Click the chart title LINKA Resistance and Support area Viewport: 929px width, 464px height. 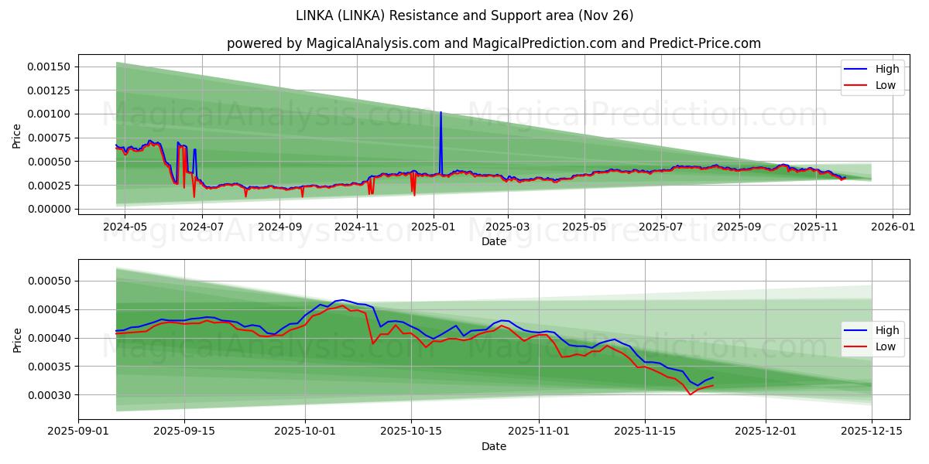coord(464,15)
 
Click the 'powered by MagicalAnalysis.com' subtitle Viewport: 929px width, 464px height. coord(493,43)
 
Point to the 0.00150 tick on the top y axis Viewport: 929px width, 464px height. coord(49,67)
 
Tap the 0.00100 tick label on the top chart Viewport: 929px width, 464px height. coord(49,114)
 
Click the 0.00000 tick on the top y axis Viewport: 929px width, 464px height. coord(49,209)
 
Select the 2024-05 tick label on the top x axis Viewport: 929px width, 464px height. coord(125,227)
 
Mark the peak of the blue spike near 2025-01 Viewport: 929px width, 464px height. coord(441,112)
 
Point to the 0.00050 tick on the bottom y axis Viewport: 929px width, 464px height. coord(49,281)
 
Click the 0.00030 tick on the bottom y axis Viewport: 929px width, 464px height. coord(49,395)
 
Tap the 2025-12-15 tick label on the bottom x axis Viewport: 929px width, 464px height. coord(871,432)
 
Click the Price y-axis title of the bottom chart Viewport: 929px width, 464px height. coord(17,339)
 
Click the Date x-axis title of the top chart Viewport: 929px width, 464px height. coord(493,241)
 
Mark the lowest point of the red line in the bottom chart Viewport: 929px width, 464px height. coord(690,394)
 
